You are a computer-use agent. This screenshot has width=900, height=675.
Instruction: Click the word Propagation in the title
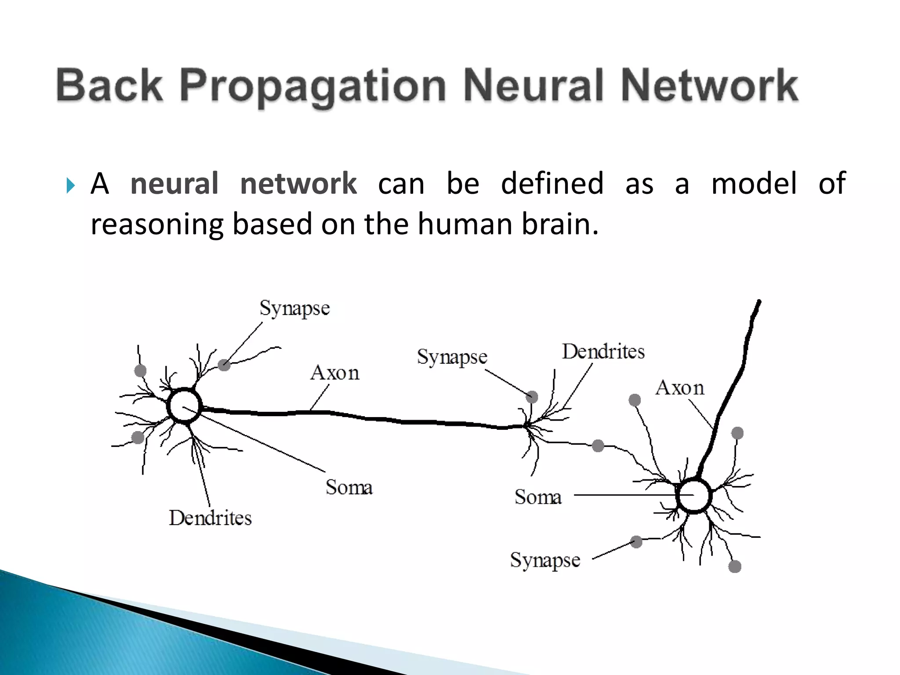pos(313,86)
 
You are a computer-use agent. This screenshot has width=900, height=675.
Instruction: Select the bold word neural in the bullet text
pos(174,184)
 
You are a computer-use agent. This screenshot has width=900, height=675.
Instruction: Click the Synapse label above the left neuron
pos(294,308)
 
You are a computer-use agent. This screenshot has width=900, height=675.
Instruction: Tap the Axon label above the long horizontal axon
pos(335,373)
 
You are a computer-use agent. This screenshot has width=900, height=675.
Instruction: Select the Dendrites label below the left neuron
pos(210,518)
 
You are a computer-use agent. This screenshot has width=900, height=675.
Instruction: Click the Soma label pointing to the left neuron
pos(349,487)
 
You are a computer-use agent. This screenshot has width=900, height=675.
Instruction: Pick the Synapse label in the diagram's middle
pos(452,357)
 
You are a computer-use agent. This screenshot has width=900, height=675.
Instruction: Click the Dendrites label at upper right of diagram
pos(603,352)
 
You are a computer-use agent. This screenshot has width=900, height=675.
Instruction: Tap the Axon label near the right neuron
pos(679,388)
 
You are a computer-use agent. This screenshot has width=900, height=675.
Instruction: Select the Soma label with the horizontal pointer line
pos(538,497)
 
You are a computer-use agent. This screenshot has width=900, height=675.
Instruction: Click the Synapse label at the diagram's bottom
pos(545,560)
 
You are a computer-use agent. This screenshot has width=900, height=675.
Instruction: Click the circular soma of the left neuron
pos(184,406)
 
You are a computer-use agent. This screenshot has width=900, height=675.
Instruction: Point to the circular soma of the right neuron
pos(693,496)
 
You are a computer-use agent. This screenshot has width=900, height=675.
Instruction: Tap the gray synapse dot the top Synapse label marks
pos(224,365)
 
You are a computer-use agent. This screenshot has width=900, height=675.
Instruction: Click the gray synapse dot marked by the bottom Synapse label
pos(636,542)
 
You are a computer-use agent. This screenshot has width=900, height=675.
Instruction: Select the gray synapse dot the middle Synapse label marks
pos(532,397)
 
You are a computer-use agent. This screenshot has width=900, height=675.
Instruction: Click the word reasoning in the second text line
pos(157,224)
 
